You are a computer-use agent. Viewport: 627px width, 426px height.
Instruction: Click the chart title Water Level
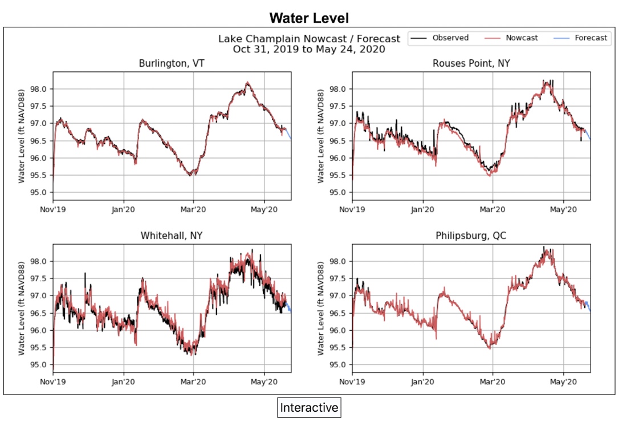(308, 18)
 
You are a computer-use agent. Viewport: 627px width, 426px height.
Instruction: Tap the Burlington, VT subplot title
(172, 63)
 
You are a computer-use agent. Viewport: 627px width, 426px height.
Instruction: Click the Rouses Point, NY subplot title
(471, 63)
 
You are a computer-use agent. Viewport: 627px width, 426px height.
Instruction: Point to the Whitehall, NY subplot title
(172, 236)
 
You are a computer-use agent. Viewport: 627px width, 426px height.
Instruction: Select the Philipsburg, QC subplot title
(471, 236)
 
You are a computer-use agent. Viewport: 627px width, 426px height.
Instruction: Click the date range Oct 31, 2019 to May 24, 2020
(308, 49)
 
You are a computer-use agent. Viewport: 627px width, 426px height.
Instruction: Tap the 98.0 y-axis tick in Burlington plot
(40, 89)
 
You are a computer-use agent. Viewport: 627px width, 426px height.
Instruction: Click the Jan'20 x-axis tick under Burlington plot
(124, 209)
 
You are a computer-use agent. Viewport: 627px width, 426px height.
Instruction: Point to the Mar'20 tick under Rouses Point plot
(492, 209)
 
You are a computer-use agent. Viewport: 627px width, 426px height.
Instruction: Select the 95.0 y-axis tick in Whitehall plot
(40, 365)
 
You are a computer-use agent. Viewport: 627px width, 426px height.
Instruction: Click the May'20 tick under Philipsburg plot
(563, 382)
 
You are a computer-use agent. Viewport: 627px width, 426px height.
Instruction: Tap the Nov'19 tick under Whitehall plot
(54, 382)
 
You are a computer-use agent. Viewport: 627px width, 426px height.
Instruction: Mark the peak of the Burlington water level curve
(247, 83)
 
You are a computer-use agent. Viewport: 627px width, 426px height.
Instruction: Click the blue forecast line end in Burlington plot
(291, 138)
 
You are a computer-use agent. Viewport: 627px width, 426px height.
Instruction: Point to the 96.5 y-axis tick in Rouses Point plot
(340, 141)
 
